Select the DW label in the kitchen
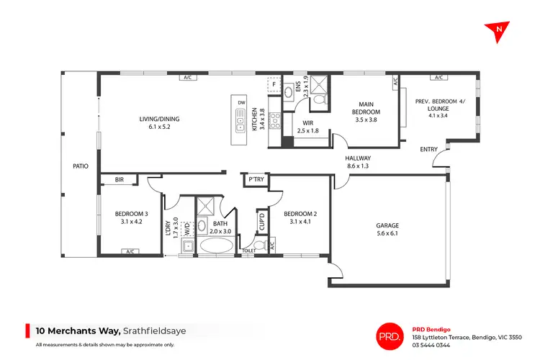point(242,103)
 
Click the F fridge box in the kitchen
point(274,84)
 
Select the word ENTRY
point(429,149)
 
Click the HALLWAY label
point(358,162)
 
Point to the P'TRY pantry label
point(256,179)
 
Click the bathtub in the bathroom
point(216,246)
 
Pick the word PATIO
point(81,166)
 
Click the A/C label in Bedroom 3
point(130,251)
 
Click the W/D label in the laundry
point(187,232)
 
